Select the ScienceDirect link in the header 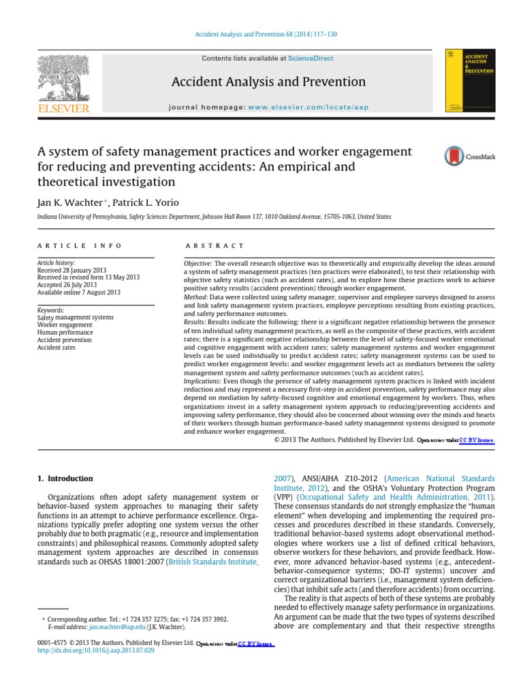(311, 59)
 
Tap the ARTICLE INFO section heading (80, 245)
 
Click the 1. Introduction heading (65, 479)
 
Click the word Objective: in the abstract (199, 263)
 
